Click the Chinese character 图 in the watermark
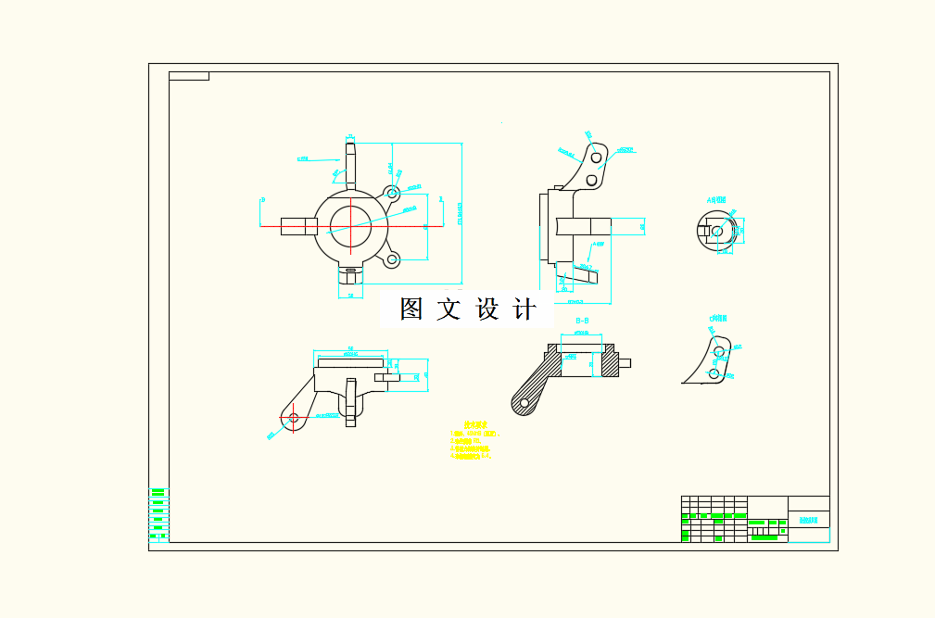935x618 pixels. click(x=411, y=309)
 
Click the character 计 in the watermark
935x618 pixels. click(x=524, y=309)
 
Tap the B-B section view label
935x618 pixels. click(x=583, y=322)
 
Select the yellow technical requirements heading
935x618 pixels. click(x=475, y=426)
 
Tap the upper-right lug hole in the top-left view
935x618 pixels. click(x=393, y=193)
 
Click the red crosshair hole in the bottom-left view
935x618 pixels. click(x=294, y=418)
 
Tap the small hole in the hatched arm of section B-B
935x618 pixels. click(x=524, y=402)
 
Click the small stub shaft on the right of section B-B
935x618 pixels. click(x=625, y=362)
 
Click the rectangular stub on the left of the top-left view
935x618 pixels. click(x=297, y=226)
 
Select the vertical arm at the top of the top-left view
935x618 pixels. click(x=350, y=162)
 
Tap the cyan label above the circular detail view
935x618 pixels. click(x=717, y=199)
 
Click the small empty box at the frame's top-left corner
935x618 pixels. click(x=188, y=76)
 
